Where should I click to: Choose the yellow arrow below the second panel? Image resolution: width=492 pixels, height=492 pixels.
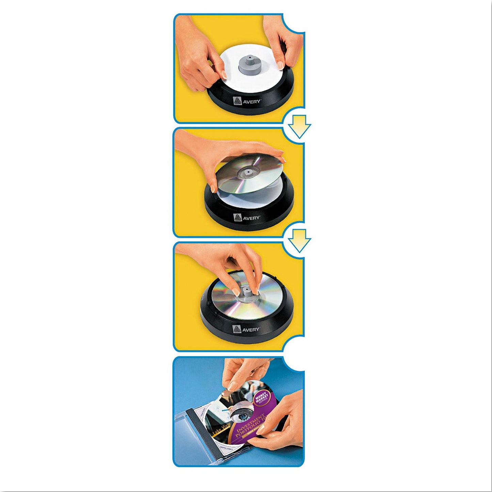(299, 240)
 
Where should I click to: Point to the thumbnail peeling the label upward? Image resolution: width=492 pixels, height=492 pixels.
(233, 386)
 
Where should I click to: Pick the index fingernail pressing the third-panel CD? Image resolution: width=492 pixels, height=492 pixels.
(236, 292)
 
